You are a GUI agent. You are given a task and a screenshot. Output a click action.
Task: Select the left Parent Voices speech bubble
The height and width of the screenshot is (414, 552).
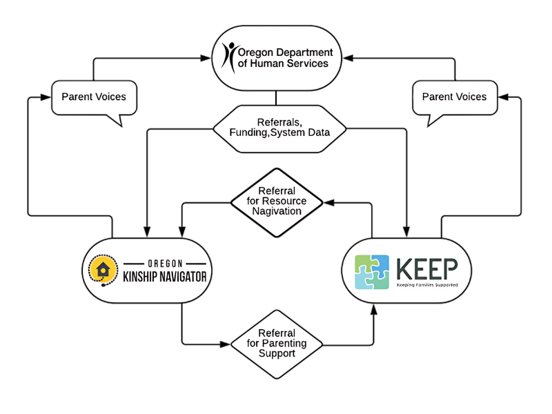pyautogui.click(x=94, y=97)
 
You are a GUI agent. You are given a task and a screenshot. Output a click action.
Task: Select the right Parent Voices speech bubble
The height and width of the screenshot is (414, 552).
pyautogui.click(x=454, y=97)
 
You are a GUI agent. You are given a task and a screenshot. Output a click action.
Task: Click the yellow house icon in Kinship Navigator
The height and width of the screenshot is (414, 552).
pyautogui.click(x=103, y=270)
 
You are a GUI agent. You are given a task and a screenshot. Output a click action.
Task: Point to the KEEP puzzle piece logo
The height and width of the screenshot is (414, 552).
pyautogui.click(x=372, y=272)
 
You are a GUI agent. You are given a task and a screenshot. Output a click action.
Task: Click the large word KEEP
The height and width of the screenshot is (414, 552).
pyautogui.click(x=427, y=267)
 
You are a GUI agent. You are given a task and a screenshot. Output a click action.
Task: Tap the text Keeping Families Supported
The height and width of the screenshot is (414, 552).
pyautogui.click(x=427, y=284)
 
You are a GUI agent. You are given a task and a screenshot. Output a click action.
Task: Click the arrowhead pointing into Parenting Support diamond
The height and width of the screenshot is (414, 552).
pyautogui.click(x=226, y=343)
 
